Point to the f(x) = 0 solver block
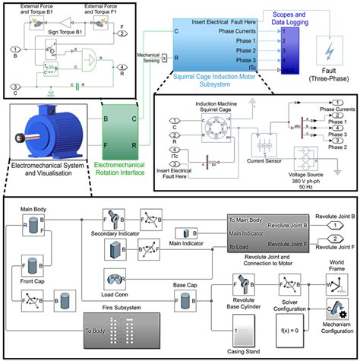coord(292,330)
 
